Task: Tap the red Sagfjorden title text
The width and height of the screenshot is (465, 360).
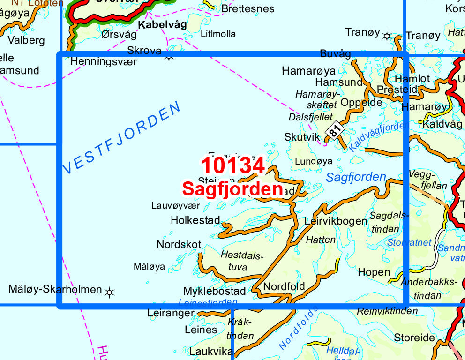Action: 232,189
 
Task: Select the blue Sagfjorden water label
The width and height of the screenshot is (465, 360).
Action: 356,177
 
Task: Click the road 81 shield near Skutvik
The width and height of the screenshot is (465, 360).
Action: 334,130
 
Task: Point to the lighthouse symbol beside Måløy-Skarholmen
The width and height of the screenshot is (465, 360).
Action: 110,292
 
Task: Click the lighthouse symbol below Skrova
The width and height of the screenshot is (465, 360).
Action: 169,58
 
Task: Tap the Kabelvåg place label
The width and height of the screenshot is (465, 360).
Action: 162,24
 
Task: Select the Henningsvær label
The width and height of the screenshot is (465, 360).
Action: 104,61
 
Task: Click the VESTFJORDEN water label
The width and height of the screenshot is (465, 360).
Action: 121,138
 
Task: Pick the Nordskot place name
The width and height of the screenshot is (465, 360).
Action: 179,244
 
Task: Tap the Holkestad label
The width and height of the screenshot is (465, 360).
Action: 195,220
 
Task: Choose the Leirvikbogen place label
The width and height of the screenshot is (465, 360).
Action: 336,221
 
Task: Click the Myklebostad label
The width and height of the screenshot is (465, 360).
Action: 215,291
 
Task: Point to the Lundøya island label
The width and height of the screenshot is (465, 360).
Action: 314,161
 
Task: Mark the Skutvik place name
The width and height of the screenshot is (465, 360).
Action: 302,137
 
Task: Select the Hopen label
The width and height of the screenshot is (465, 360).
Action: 374,272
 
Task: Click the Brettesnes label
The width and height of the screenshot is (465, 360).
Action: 248,8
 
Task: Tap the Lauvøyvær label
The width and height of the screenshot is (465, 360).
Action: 175,205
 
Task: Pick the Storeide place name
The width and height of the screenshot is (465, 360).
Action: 414,337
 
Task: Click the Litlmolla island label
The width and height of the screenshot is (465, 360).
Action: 218,34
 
